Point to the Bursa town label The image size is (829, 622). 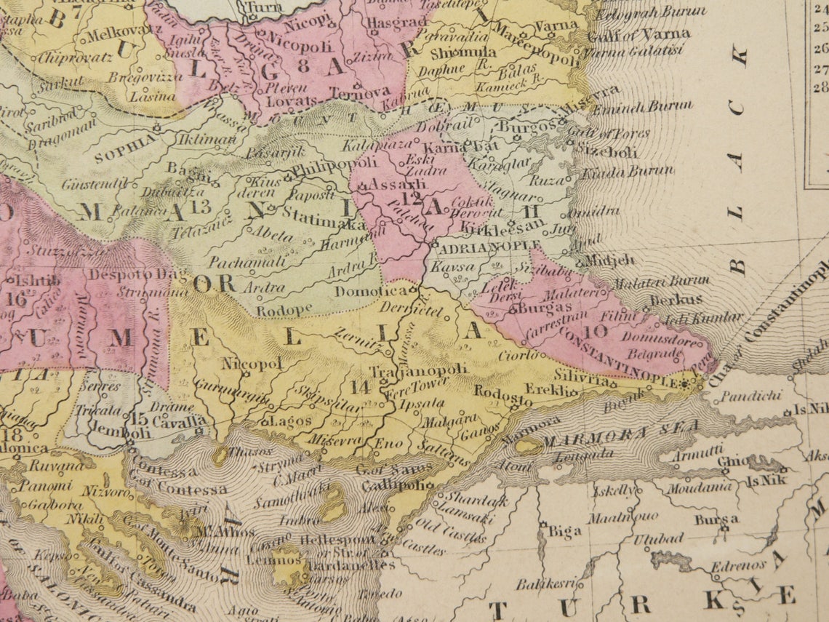pyautogui.click(x=716, y=519)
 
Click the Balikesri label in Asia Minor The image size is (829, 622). pyautogui.click(x=546, y=583)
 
